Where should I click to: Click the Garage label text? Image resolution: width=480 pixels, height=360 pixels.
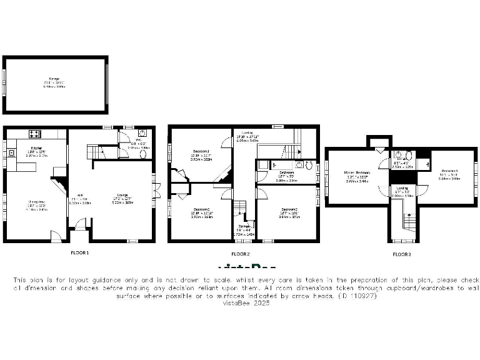click(x=54, y=79)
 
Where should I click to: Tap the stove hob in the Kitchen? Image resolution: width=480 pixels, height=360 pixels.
click(x=35, y=133)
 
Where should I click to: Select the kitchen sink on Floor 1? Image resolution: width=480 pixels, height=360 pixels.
click(x=11, y=152)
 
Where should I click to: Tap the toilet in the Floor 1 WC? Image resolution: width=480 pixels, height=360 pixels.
click(x=143, y=154)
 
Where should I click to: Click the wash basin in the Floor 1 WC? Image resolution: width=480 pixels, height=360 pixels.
click(x=142, y=133)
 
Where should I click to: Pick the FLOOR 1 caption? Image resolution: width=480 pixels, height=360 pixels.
click(x=79, y=253)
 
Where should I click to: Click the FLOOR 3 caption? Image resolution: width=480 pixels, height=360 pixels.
click(x=402, y=254)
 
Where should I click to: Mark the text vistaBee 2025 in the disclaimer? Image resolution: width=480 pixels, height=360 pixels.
click(x=240, y=302)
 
